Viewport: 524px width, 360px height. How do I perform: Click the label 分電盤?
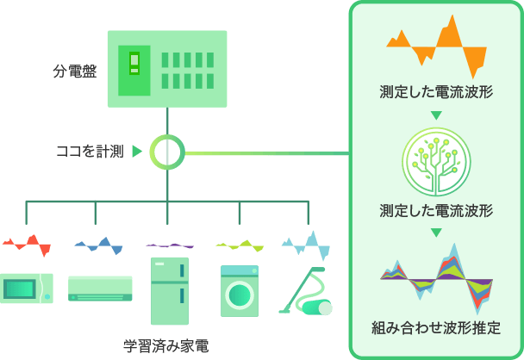(75, 71)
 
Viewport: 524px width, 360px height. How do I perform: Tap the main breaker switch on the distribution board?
(134, 63)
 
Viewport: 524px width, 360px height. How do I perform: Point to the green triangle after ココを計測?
(137, 152)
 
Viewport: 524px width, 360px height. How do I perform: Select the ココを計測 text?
(90, 152)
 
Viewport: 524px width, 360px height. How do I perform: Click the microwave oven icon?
(27, 289)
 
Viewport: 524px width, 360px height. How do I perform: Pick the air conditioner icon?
(100, 289)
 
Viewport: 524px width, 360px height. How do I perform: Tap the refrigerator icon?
(170, 291)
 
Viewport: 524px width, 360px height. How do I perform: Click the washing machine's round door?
(240, 295)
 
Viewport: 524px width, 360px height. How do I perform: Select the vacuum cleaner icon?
(305, 290)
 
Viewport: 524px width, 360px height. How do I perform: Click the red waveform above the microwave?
(27, 245)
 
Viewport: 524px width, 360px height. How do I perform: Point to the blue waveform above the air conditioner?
(98, 245)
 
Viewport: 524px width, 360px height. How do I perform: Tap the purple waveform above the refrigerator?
(170, 245)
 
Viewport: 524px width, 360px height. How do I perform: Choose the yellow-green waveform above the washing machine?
(240, 245)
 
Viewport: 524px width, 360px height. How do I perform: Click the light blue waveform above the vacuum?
(306, 245)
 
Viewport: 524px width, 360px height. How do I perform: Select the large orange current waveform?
(436, 47)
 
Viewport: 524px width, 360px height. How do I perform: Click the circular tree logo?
(436, 161)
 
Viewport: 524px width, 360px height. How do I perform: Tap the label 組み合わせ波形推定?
(436, 327)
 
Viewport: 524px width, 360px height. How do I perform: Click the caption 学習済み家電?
(166, 346)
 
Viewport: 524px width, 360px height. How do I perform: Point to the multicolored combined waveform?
(436, 279)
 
